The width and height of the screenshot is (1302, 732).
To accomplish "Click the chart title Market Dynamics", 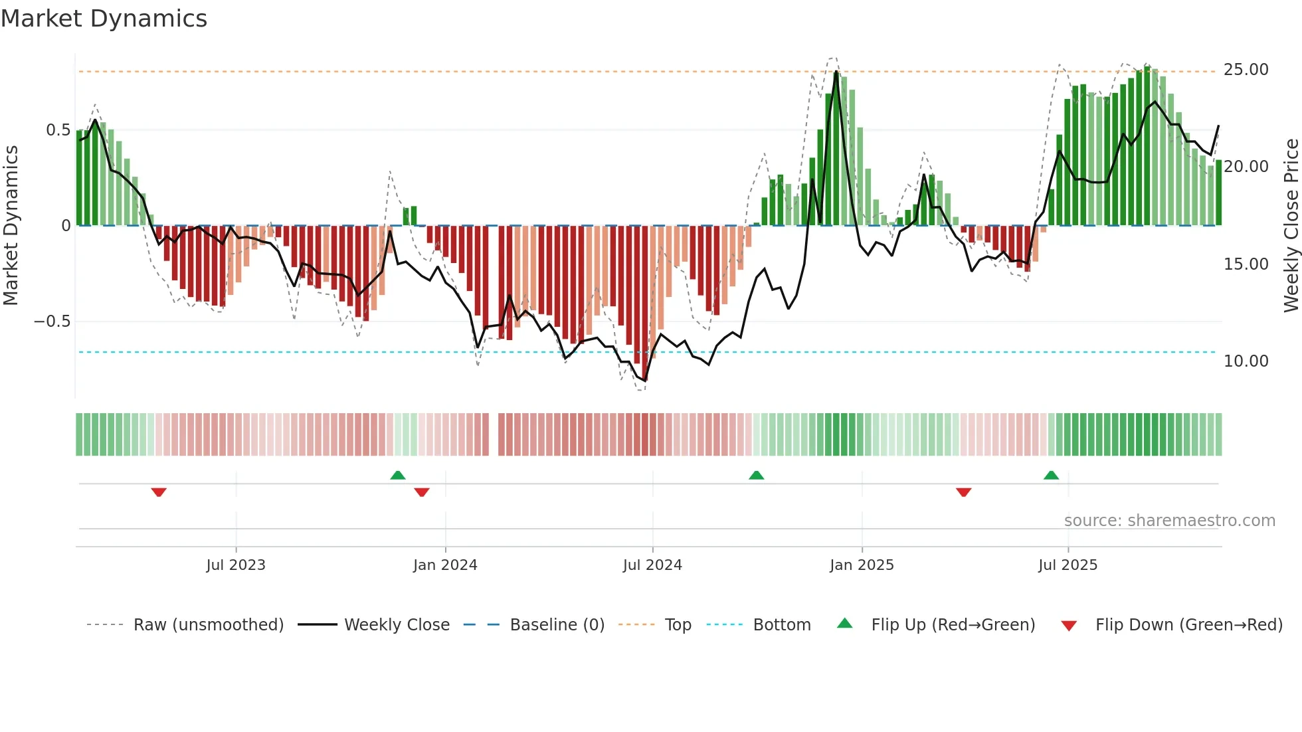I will (x=104, y=19).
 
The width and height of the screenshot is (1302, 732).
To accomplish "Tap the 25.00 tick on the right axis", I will (x=1246, y=70).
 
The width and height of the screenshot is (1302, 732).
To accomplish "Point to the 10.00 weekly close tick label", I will (x=1246, y=361).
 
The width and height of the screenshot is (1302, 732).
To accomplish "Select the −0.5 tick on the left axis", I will (x=52, y=321).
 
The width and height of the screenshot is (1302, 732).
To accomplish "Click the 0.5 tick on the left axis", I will (x=58, y=130).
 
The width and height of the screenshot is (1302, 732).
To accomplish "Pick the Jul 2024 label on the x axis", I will (x=652, y=565).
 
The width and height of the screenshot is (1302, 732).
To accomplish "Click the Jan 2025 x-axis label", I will (x=862, y=565).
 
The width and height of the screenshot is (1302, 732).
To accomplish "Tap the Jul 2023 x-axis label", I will (x=235, y=565).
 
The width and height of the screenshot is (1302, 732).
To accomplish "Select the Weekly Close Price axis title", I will (x=1291, y=226).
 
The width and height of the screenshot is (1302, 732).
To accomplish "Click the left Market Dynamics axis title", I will (x=11, y=226).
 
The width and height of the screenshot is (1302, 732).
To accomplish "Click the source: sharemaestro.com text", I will (x=1169, y=521).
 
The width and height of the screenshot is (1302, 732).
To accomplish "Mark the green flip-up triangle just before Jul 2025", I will (x=1051, y=476).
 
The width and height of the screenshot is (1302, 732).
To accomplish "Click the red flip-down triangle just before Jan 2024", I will (x=421, y=492).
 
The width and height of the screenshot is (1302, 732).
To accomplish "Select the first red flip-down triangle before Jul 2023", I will (x=159, y=492).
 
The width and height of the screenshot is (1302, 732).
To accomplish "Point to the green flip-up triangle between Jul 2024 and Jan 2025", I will (x=756, y=476).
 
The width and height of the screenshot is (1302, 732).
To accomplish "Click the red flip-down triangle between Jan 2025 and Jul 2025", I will (x=963, y=492).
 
